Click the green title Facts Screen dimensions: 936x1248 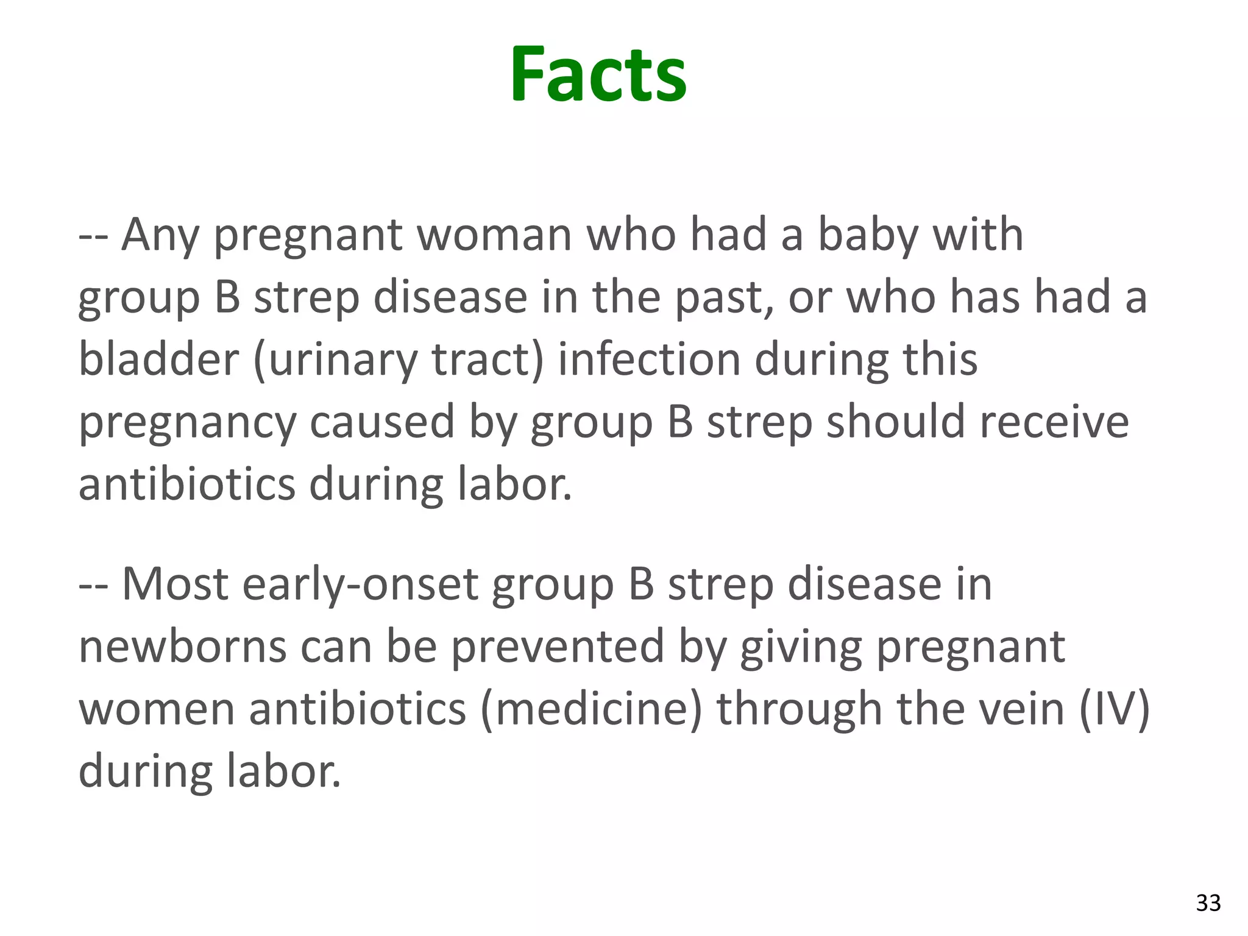coord(598,76)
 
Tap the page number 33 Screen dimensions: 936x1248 coord(1208,902)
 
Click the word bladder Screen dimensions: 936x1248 coord(158,360)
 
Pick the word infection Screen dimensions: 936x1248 coord(648,360)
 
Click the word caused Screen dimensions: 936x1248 coord(382,423)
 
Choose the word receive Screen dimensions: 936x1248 coord(1054,423)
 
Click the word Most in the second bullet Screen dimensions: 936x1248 coord(175,585)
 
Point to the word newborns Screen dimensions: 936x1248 coord(183,647)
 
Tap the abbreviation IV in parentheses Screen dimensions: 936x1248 coord(1115,711)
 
